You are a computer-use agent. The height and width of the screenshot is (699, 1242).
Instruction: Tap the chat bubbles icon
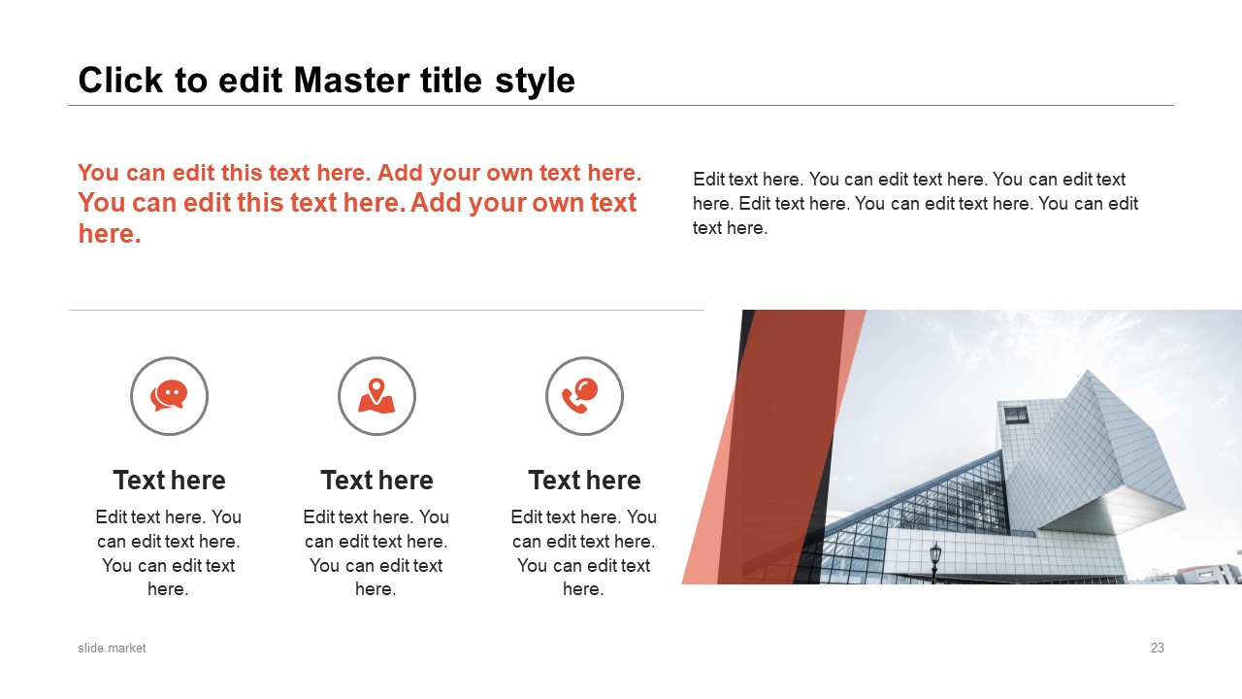coord(169,395)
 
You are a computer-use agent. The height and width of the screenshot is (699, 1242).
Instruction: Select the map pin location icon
coord(376,395)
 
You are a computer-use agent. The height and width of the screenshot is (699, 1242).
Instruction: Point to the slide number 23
coord(1157,648)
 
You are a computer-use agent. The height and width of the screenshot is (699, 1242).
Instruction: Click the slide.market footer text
coord(112,648)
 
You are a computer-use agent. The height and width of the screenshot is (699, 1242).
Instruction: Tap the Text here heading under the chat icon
coord(169,481)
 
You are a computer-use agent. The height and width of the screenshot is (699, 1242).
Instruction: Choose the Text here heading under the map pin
coord(376,481)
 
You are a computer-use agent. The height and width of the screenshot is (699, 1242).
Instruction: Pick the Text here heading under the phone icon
coord(584,481)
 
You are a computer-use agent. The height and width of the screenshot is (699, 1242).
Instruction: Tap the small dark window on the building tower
coord(1015,416)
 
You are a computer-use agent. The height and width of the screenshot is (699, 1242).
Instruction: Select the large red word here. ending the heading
coord(110,234)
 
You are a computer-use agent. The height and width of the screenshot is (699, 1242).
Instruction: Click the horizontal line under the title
coord(621,105)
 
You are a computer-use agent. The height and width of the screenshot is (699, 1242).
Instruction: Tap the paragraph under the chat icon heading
coord(169,552)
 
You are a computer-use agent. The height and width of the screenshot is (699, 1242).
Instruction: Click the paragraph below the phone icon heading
coord(584,552)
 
